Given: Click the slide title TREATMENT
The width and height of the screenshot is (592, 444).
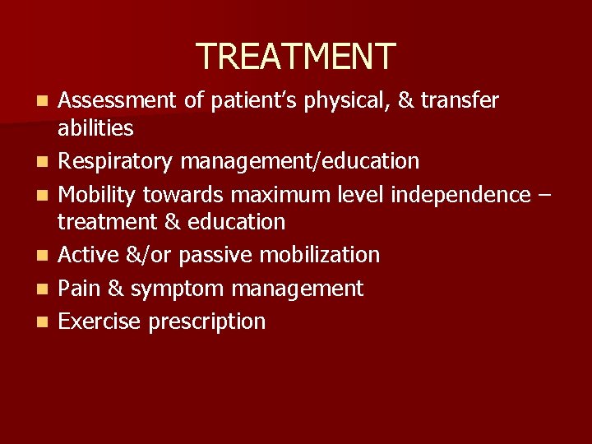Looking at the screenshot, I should [x=296, y=56].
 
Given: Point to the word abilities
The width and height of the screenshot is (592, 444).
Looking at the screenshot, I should [x=95, y=127].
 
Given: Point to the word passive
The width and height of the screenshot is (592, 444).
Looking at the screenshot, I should [x=216, y=255].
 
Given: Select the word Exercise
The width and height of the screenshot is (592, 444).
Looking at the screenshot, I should [x=99, y=321].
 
